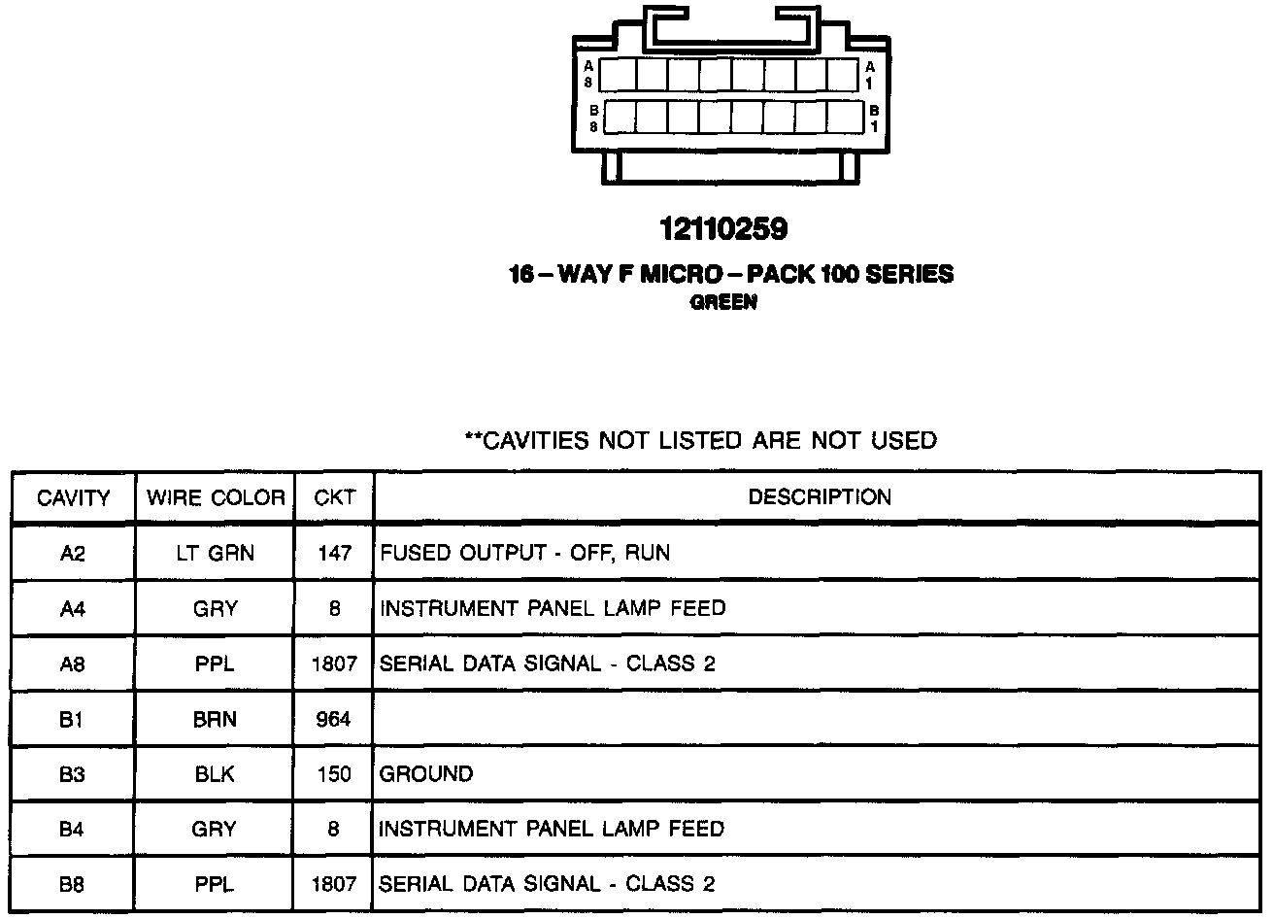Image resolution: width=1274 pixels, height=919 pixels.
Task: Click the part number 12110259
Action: pos(723,229)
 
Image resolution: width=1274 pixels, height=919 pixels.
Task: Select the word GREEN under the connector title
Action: pos(723,302)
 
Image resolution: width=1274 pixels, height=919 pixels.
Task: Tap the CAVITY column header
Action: pos(73,498)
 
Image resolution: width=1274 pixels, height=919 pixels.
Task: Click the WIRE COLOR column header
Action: pos(216,498)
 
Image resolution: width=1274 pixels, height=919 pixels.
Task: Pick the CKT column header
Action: pos(334,498)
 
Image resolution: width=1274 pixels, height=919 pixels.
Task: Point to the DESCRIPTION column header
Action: pos(819,497)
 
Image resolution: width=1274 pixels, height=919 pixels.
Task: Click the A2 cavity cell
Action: pos(73,554)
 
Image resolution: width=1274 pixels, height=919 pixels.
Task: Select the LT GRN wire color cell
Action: pos(216,554)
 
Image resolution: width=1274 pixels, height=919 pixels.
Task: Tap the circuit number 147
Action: pos(334,554)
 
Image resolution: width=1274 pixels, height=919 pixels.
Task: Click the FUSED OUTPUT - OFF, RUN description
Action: pos(524,554)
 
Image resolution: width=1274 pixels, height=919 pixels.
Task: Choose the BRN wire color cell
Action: pos(216,720)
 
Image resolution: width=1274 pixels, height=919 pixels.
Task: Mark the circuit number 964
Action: pos(334,720)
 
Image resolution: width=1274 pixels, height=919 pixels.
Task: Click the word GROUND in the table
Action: pos(426,774)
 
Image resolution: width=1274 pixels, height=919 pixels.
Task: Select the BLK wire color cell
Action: pos(216,774)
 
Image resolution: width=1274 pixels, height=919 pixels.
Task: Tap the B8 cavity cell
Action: pos(73,884)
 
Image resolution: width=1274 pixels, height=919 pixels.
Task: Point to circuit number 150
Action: pos(334,774)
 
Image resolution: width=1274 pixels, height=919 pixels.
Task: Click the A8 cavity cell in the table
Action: pos(73,664)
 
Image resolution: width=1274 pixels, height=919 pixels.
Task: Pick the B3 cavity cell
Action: pos(73,774)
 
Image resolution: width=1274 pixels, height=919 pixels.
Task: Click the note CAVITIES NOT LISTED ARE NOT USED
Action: pos(701,441)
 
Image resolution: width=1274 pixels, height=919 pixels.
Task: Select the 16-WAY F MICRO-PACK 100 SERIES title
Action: pos(731,275)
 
